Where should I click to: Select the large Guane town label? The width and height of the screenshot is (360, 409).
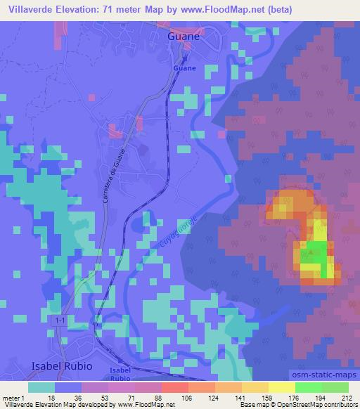(x=184, y=37)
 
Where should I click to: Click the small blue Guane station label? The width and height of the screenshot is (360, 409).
(x=184, y=68)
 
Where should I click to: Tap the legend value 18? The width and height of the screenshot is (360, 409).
(x=51, y=398)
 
